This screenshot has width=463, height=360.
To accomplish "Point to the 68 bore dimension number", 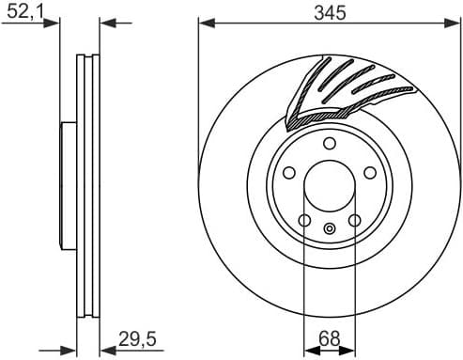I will [x=329, y=337].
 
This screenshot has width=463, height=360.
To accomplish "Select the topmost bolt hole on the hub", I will [x=329, y=143].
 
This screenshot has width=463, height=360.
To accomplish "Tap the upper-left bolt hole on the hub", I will [x=288, y=173].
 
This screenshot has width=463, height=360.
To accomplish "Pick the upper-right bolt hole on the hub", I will [x=369, y=173].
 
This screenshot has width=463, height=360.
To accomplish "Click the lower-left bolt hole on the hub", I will [x=303, y=221].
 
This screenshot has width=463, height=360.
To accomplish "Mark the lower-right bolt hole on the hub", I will [x=354, y=221].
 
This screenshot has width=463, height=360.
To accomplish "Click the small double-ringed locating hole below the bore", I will [x=329, y=228].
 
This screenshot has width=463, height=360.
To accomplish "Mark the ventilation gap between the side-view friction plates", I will [x=88, y=188].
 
